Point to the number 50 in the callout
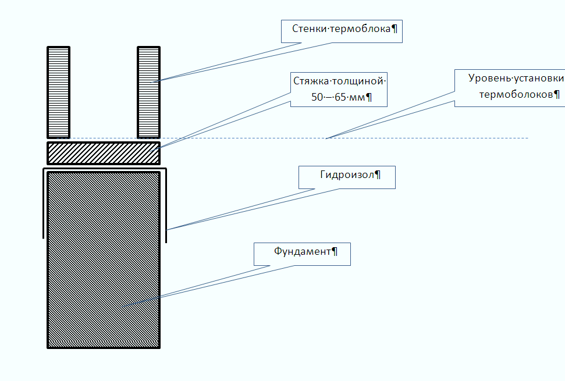(317, 97)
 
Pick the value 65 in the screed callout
(340, 97)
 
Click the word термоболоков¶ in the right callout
(520, 95)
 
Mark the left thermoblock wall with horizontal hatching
(58, 92)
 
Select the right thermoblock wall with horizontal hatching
(148, 92)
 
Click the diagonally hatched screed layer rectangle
(104, 153)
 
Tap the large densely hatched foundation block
(104, 260)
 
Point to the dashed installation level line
(292, 138)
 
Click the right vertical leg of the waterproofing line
(166, 205)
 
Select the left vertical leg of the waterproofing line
(44, 204)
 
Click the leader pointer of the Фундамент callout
(209, 286)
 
